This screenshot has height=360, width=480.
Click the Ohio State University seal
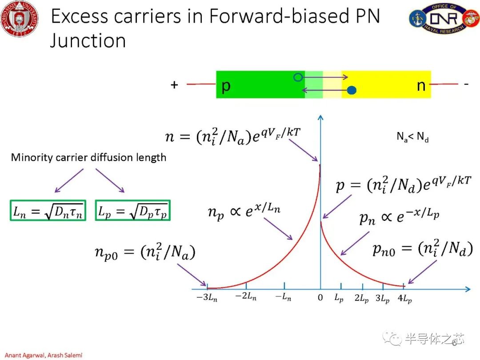click(20, 18)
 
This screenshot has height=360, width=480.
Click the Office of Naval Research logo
click(444, 18)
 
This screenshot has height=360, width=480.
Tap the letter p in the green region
click(226, 86)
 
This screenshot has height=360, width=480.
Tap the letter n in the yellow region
click(421, 86)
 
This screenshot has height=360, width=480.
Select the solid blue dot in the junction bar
click(352, 90)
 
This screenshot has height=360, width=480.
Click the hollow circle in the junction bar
click(298, 77)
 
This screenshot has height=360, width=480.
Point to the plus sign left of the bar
click(174, 84)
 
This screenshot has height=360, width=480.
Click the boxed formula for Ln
click(48, 210)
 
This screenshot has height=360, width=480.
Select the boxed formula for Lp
click(132, 210)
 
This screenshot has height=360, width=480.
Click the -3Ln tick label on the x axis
click(207, 297)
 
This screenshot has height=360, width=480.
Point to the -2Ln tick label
click(246, 296)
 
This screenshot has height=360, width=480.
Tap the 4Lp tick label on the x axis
click(404, 298)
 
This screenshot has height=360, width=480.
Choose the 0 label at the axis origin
click(320, 297)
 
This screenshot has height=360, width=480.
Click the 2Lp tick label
click(361, 298)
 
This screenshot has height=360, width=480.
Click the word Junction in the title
click(88, 41)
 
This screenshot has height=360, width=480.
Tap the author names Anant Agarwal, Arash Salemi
click(44, 355)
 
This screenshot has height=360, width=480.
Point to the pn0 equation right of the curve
click(423, 249)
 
